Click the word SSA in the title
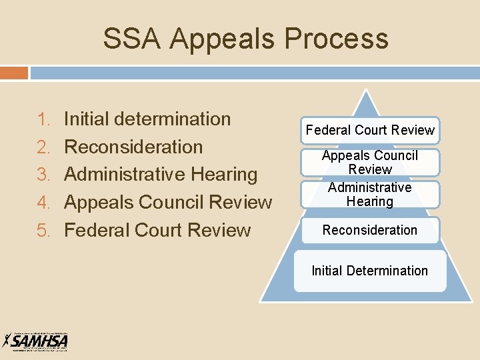tap(131, 39)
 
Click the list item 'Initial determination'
tap(147, 119)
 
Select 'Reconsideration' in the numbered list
tap(133, 147)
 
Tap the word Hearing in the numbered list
tap(224, 175)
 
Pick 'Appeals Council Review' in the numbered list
tap(168, 203)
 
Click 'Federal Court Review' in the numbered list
tap(157, 231)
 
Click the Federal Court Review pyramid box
tap(370, 130)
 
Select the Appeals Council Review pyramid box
tap(370, 162)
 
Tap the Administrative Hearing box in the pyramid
tap(370, 194)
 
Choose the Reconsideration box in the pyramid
tap(370, 230)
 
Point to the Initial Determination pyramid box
tap(370, 271)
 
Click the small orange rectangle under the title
tap(14, 72)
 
